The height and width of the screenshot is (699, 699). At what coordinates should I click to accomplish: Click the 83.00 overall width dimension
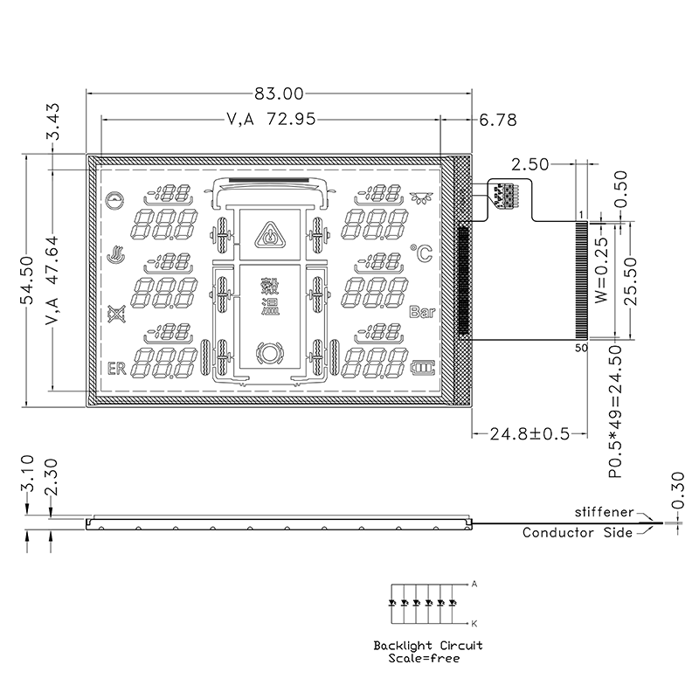pyautogui.click(x=279, y=93)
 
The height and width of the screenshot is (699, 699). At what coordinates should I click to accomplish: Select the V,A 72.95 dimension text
pyautogui.click(x=271, y=120)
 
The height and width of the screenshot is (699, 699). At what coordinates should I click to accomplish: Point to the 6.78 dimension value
pyautogui.click(x=498, y=120)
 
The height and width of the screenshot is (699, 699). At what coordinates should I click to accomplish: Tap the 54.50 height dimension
pyautogui.click(x=27, y=280)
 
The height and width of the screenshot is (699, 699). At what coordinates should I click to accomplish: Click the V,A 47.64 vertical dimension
pyautogui.click(x=52, y=280)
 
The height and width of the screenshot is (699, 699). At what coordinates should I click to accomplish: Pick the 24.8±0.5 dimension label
pyautogui.click(x=529, y=433)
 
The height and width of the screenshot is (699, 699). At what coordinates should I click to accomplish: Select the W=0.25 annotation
pyautogui.click(x=601, y=270)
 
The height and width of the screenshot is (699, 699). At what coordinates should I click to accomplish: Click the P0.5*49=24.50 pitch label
pyautogui.click(x=615, y=411)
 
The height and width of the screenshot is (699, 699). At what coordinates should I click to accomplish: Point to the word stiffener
pyautogui.click(x=604, y=512)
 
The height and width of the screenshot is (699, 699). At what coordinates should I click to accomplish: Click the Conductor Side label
pyautogui.click(x=578, y=533)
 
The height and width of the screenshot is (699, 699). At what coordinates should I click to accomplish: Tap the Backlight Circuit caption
pyautogui.click(x=428, y=646)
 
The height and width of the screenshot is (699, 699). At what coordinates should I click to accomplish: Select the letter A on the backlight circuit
pyautogui.click(x=474, y=584)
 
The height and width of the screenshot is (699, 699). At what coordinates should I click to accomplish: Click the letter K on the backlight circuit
pyautogui.click(x=474, y=624)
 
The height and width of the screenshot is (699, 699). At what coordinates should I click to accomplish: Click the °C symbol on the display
pyautogui.click(x=421, y=253)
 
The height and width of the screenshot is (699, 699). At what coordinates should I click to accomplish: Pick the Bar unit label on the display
pyautogui.click(x=422, y=312)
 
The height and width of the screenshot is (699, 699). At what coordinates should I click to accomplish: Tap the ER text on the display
pyautogui.click(x=117, y=369)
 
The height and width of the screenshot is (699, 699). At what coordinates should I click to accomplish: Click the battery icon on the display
pyautogui.click(x=422, y=368)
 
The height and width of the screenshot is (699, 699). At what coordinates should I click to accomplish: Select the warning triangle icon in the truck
pyautogui.click(x=270, y=235)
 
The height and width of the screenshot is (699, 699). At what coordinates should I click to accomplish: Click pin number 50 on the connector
pyautogui.click(x=581, y=348)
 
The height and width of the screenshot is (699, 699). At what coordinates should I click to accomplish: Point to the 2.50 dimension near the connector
pyautogui.click(x=530, y=165)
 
